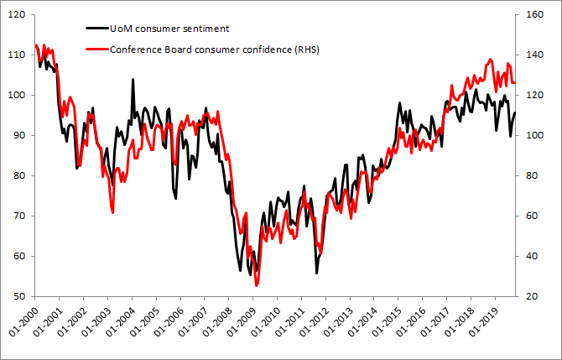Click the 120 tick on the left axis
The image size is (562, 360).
coord(18,14)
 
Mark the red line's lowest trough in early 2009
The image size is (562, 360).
coord(257,286)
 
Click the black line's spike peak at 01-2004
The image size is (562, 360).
coord(133,80)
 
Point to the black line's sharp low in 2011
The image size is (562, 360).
coord(317,273)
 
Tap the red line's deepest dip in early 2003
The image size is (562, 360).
coord(112,213)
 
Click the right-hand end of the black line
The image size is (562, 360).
coord(515,113)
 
